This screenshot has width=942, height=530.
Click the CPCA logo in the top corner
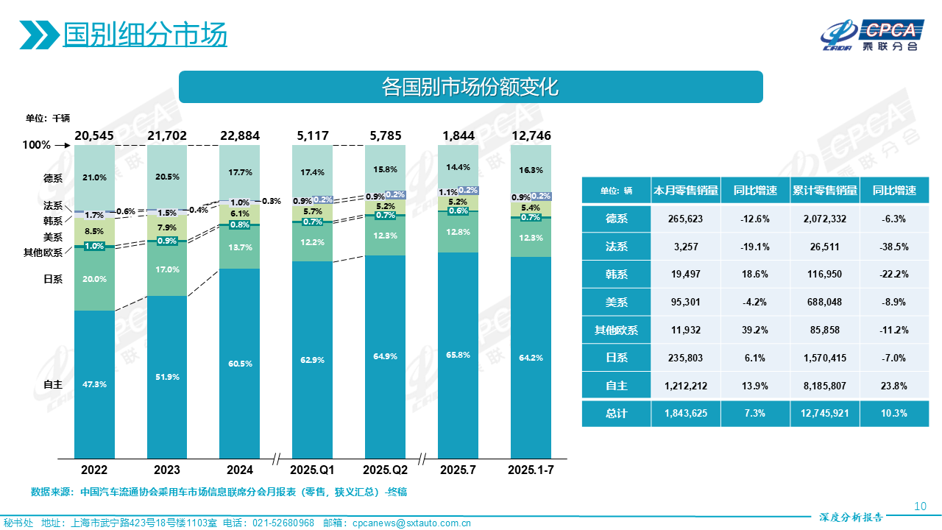tap(872, 33)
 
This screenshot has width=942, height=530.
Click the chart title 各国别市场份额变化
tap(470, 87)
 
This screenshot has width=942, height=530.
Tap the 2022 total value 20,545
tap(94, 135)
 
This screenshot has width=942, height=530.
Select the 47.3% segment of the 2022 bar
tap(94, 384)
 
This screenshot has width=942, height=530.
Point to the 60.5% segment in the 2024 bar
tap(240, 364)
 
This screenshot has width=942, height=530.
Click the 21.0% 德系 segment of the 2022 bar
tap(94, 177)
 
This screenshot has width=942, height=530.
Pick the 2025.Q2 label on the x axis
tap(385, 470)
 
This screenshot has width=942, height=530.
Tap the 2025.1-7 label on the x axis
tap(531, 470)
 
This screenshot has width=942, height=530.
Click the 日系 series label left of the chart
tap(54, 279)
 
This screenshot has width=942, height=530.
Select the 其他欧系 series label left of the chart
tap(43, 252)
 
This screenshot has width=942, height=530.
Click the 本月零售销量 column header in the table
tap(686, 191)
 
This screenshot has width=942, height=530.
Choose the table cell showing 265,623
tap(686, 219)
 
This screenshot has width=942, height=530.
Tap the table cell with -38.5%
tap(894, 247)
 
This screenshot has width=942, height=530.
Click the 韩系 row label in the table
tap(616, 274)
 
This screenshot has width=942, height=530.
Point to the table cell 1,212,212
tap(686, 385)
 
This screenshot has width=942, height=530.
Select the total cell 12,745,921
tap(824, 413)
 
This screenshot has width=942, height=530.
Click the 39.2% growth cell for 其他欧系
tap(755, 330)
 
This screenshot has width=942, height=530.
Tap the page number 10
tap(919, 506)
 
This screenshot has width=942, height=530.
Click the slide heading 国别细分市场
tap(145, 35)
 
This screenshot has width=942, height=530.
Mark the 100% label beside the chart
tap(37, 145)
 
